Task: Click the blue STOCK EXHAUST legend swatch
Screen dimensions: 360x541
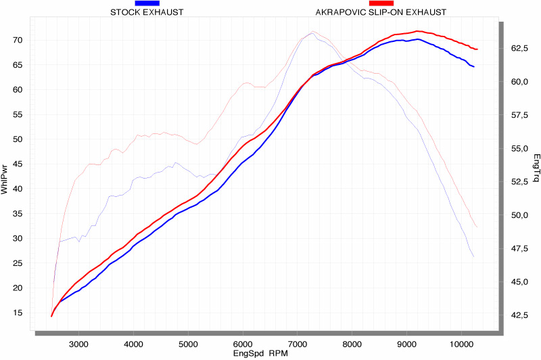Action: (147, 3)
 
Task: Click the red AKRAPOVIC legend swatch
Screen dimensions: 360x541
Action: (381, 3)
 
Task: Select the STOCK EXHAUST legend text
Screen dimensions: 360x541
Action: (146, 12)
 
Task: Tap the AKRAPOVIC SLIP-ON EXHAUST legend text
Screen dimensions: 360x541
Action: (381, 12)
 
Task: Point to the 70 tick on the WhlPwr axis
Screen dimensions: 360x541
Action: (18, 40)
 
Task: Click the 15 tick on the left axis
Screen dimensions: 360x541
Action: (18, 313)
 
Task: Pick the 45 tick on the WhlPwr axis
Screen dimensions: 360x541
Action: (18, 164)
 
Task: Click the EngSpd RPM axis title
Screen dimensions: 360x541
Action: (260, 353)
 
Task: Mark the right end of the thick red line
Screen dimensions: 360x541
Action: (477, 49)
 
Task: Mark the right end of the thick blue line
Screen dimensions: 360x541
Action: (474, 67)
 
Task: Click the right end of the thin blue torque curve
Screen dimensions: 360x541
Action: (473, 257)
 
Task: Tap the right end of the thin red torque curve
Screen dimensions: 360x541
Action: (477, 227)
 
